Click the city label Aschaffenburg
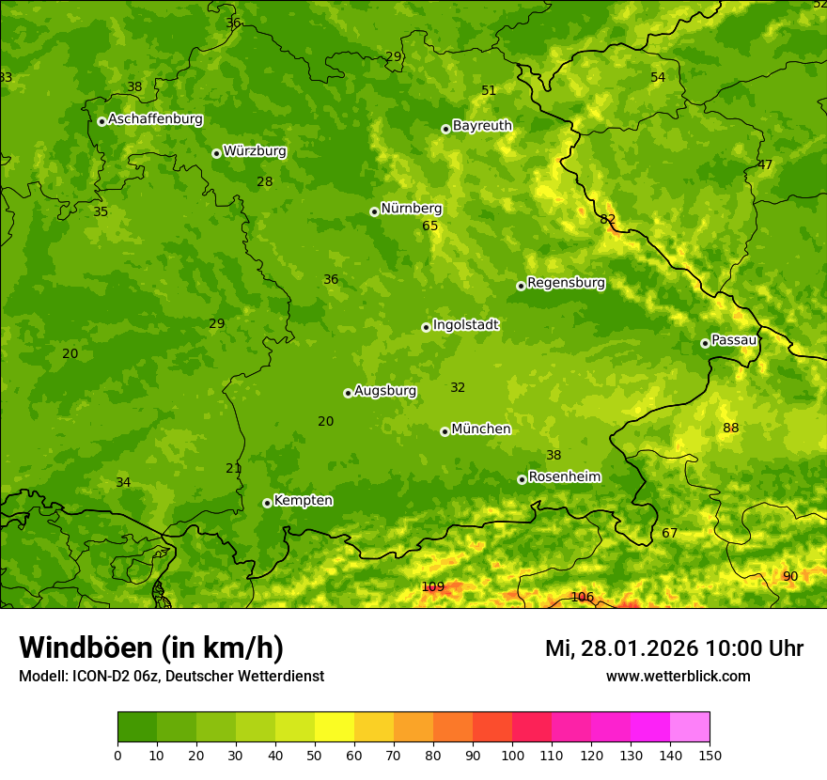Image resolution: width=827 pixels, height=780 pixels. click(155, 119)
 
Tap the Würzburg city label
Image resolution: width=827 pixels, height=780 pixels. click(255, 151)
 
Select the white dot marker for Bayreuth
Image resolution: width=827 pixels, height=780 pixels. click(446, 129)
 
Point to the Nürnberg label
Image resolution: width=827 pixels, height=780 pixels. click(411, 209)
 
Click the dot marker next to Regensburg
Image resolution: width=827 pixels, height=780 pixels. click(521, 286)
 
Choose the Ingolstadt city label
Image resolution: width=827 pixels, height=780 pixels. click(465, 325)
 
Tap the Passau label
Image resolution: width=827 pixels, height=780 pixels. click(734, 340)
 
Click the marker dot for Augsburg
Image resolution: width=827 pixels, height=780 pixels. click(348, 393)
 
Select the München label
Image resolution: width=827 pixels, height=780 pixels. click(481, 429)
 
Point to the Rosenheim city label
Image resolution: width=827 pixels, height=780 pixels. click(564, 477)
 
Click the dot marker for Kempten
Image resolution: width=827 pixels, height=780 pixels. click(267, 503)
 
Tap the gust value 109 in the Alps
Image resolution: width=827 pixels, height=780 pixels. click(432, 587)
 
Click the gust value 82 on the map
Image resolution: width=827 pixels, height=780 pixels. click(608, 219)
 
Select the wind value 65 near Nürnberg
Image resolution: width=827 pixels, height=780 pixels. click(430, 226)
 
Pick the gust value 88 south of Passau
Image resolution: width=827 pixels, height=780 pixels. click(731, 429)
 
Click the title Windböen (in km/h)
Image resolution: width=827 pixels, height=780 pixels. click(151, 647)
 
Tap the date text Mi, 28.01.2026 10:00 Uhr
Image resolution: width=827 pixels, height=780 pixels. click(674, 648)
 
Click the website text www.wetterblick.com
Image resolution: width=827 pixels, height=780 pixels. click(678, 677)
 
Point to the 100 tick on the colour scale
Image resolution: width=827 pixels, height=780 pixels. click(512, 755)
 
